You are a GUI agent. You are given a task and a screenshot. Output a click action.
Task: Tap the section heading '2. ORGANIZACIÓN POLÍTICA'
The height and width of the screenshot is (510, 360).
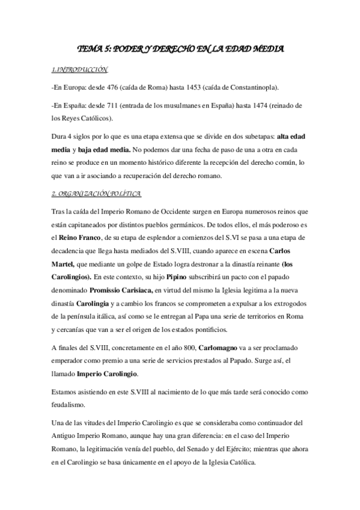[96, 194]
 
